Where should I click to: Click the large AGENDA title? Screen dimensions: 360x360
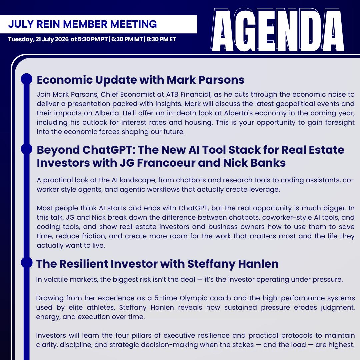tap(277, 30)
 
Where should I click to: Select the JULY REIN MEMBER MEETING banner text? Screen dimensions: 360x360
tap(82, 24)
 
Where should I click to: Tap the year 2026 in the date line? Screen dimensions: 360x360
tap(62, 39)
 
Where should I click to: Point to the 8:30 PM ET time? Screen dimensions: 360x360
tap(161, 39)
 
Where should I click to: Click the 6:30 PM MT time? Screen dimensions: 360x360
tap(127, 39)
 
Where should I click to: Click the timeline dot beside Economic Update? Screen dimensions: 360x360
tap(27, 79)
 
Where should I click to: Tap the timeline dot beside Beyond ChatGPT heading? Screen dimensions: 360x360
tap(27, 149)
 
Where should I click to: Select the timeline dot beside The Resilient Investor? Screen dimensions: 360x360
tap(27, 262)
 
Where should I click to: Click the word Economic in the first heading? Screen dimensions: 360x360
tap(64, 80)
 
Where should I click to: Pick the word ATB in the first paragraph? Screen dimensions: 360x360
tap(172, 94)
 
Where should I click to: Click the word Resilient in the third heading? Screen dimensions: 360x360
tap(84, 264)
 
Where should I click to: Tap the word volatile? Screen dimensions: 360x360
tap(57, 279)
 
